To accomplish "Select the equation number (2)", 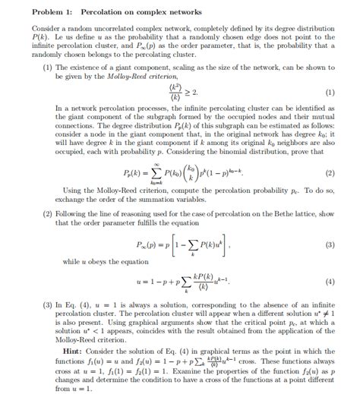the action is coord(330,173).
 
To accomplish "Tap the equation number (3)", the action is coord(330,245).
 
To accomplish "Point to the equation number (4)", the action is coord(330,282).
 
